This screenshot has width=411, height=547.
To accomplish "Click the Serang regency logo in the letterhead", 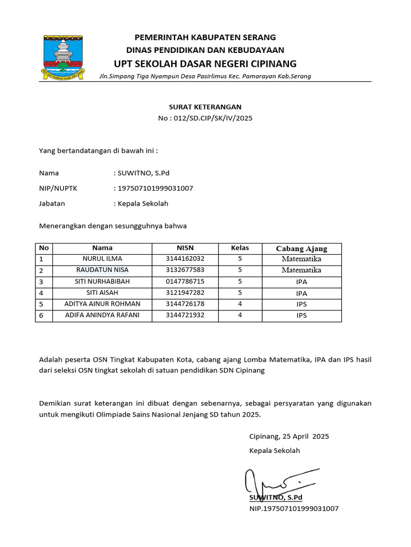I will pos(65,57).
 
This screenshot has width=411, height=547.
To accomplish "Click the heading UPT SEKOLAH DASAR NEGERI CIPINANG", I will pos(205,64).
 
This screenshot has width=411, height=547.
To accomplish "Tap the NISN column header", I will pos(185,248).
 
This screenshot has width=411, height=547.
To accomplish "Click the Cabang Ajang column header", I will pos(301,248).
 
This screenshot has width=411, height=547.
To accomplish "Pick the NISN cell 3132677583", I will pos(185,270).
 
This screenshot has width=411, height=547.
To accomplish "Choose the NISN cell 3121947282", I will pos(185,293).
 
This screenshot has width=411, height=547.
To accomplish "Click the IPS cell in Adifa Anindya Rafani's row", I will pos(301,315).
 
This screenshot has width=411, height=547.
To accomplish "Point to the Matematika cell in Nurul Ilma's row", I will pos(301,259).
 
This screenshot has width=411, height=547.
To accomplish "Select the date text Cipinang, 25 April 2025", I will pos(289,436).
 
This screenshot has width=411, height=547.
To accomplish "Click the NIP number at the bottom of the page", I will pos(294,509).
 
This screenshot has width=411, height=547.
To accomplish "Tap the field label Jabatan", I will pos(52,204).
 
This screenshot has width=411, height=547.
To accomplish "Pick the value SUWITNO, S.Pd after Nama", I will pos(144,173).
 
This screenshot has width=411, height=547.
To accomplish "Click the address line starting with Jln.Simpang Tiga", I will pos(205,76).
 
